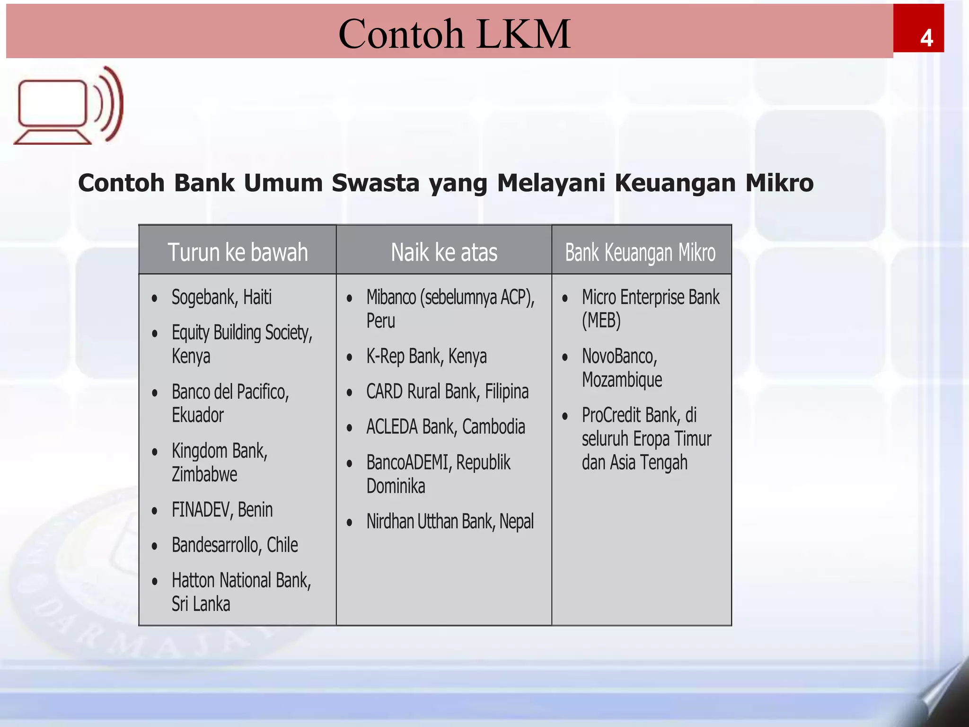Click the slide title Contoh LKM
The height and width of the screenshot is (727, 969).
(x=454, y=34)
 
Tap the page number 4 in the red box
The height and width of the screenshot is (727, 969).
(x=926, y=38)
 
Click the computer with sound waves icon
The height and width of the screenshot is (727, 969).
(x=69, y=105)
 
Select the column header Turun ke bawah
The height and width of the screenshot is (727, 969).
(x=238, y=252)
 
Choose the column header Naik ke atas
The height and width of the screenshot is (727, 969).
(x=444, y=252)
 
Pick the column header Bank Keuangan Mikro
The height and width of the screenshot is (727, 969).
(x=640, y=252)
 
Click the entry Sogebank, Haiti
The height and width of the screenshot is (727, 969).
(x=221, y=297)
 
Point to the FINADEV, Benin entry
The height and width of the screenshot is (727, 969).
(x=222, y=510)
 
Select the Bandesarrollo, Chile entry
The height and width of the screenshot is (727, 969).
(x=235, y=545)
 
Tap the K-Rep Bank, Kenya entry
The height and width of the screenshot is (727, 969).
(x=426, y=356)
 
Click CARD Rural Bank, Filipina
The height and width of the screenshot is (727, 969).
(x=447, y=392)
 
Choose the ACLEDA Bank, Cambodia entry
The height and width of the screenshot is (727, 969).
(x=445, y=427)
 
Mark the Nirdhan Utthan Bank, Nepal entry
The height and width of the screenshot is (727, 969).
(x=449, y=522)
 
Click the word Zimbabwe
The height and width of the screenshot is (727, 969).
(x=204, y=474)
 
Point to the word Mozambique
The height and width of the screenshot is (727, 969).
(x=622, y=380)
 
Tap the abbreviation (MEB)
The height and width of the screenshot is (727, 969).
(x=601, y=321)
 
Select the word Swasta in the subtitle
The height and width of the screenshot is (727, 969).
(x=375, y=183)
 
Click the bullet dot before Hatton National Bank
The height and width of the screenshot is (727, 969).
(x=155, y=582)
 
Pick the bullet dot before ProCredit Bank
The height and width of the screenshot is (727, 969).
(x=565, y=417)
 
